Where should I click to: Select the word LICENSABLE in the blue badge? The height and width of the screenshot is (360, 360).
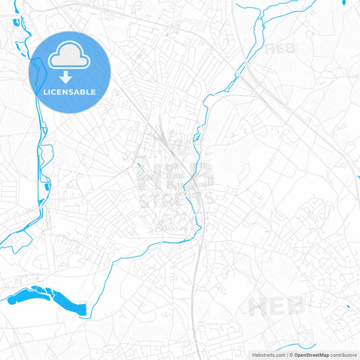point(70,92)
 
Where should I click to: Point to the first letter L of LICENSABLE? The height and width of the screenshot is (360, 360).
point(45,92)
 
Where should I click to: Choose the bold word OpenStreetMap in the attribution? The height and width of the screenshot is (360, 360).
point(311,354)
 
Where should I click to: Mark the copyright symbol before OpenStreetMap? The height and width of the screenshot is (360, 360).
point(290,354)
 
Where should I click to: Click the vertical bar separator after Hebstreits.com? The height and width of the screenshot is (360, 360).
point(286,354)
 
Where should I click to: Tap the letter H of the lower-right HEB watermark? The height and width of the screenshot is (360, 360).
point(259,307)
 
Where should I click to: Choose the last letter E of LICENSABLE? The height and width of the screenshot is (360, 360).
point(93,92)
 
